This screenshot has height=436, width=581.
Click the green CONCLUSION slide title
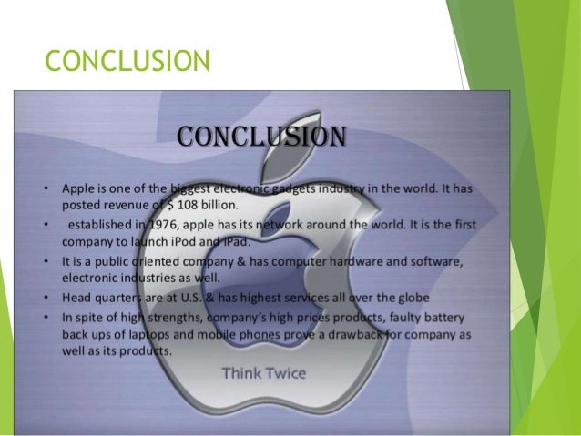coord(127,61)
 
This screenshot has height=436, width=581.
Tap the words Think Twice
coord(264,373)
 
